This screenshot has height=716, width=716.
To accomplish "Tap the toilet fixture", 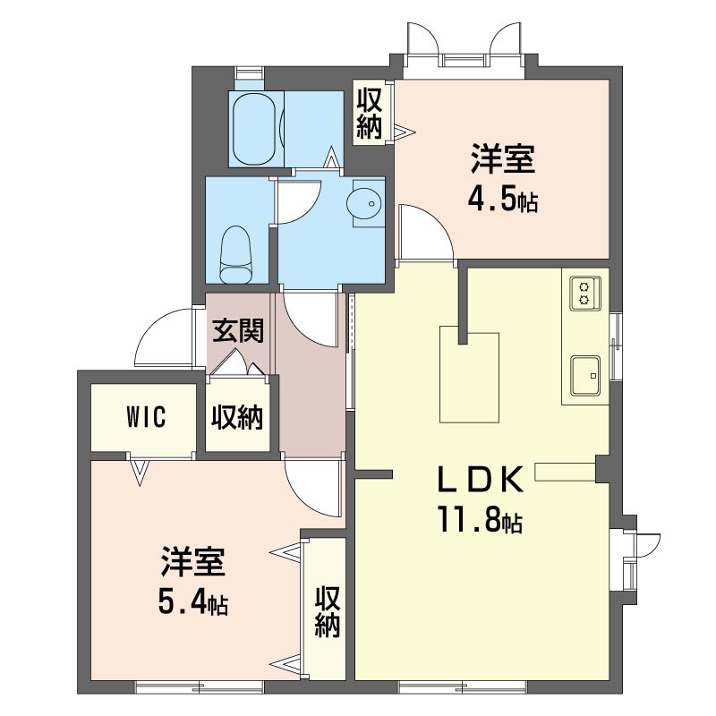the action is click(x=236, y=255).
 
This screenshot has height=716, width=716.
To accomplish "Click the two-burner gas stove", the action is click(x=584, y=294).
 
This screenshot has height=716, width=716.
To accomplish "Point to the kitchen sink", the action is click(x=585, y=375).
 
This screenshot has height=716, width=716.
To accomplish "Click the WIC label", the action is click(x=146, y=417).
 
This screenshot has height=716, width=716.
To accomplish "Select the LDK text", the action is click(x=481, y=480).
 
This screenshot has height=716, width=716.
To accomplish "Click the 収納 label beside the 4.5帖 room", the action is click(x=369, y=112).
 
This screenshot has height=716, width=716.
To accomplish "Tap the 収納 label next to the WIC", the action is click(x=237, y=416).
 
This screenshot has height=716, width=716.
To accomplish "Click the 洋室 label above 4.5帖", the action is click(x=503, y=158).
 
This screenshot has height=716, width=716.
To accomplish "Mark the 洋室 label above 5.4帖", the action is click(x=192, y=562).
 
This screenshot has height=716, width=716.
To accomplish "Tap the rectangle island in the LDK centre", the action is click(x=469, y=378).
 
